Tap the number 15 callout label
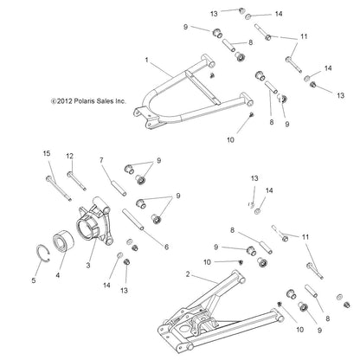[47, 153]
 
